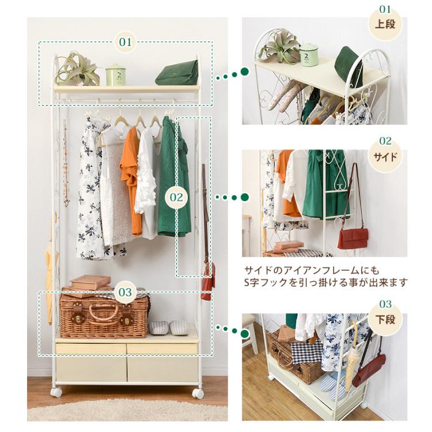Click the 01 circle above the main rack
(126, 42)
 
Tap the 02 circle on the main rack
(176, 197)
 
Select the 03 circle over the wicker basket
(126, 292)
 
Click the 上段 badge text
(385, 24)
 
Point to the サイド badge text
(385, 157)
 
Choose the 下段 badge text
(385, 320)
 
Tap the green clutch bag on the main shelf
(177, 73)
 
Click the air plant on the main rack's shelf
(76, 69)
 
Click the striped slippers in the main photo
(168, 327)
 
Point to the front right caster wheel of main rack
(198, 393)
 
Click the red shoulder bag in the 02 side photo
(354, 238)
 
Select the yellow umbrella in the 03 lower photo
(353, 358)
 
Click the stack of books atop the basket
(88, 285)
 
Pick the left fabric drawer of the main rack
(91, 362)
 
